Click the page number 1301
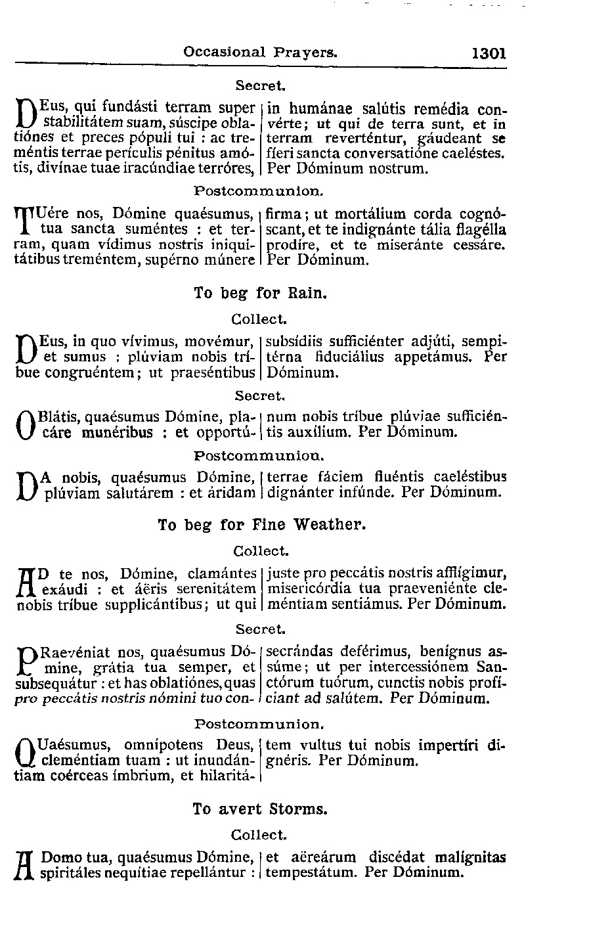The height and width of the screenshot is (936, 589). (489, 53)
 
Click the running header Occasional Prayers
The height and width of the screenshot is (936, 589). (261, 51)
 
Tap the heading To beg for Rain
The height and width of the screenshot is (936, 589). (260, 293)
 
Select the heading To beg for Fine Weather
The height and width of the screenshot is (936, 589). (261, 524)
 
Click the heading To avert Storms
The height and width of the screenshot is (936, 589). (260, 809)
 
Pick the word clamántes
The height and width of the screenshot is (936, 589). (221, 574)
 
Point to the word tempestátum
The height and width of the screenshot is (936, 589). (313, 873)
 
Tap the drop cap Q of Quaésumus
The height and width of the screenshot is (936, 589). (25, 754)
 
